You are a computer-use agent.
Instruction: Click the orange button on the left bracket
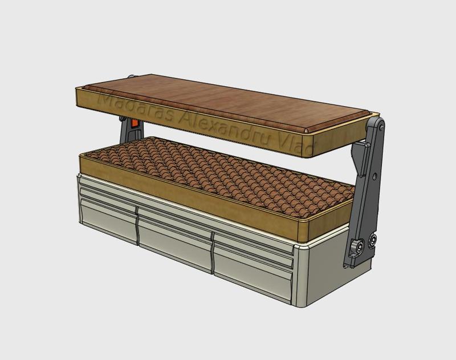pos(135,123)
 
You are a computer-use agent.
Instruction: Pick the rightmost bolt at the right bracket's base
pos(373,241)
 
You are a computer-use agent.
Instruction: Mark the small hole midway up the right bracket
pos(374,175)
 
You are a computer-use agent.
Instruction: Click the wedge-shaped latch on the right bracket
pos(361,160)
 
